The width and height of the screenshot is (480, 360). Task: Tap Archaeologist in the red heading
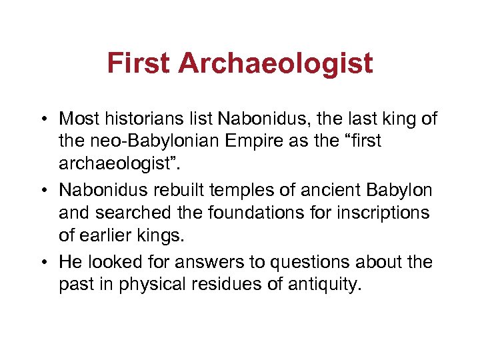coord(275,64)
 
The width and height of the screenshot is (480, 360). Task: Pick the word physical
coord(144,285)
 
